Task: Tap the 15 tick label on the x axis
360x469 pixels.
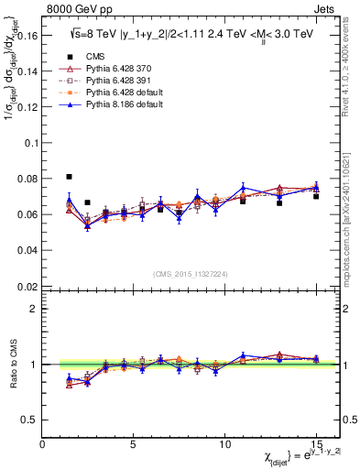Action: tap(316, 445)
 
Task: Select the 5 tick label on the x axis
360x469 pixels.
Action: tap(134, 445)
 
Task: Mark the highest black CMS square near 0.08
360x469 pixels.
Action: tap(70, 177)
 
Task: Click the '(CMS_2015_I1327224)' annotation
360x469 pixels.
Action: tap(189, 272)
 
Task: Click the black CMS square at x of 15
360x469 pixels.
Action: tap(316, 196)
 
